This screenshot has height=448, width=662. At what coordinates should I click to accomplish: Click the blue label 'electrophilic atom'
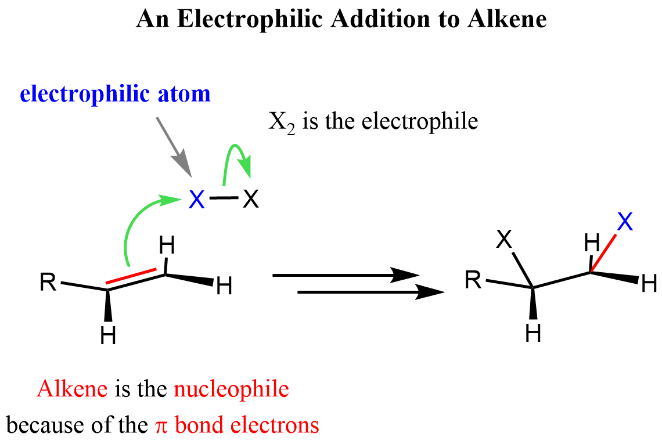coord(114,93)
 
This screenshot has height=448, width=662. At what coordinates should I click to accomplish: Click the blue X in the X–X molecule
coord(197,200)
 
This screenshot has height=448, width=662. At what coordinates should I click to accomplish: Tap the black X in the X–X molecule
coord(250,200)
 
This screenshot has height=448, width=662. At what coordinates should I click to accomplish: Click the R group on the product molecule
coord(473,281)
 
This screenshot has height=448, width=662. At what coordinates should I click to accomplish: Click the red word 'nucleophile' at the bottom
coord(231,388)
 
